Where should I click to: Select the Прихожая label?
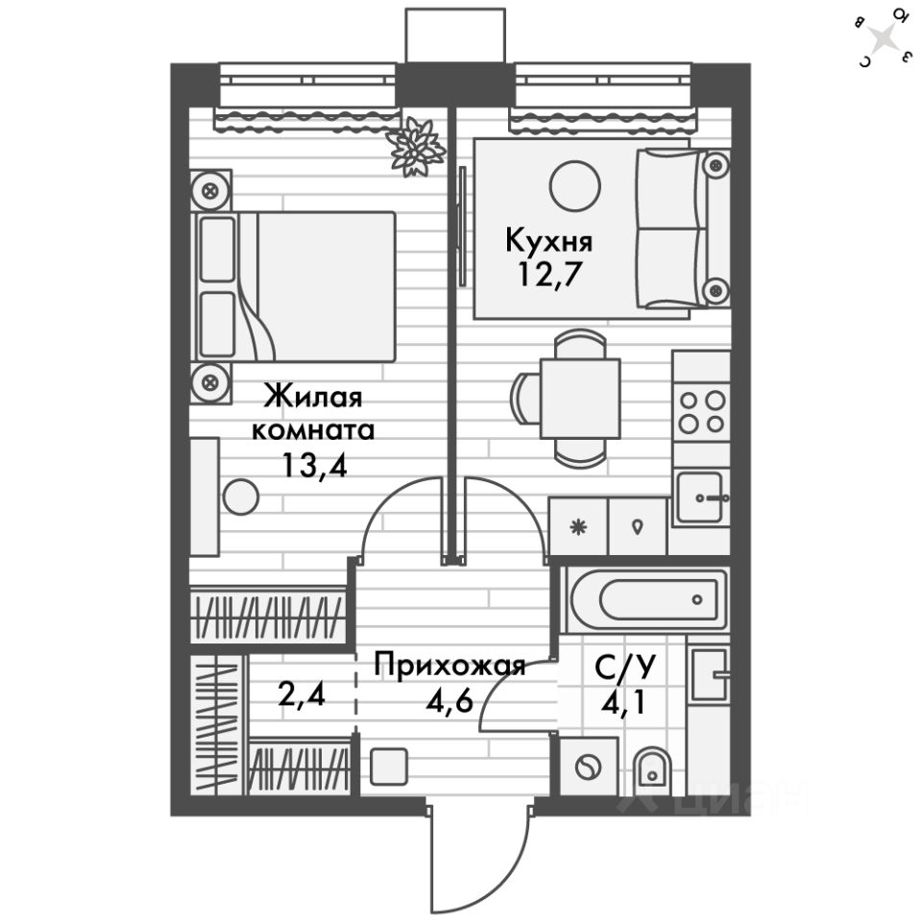click(449, 665)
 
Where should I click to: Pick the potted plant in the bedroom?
click(416, 146)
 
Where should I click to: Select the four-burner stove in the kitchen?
click(701, 411)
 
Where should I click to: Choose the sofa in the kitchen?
click(682, 228)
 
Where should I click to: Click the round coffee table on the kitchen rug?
click(575, 182)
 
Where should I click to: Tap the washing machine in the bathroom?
click(586, 767)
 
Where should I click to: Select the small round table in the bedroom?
click(240, 497)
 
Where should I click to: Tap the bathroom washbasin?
click(712, 674)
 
